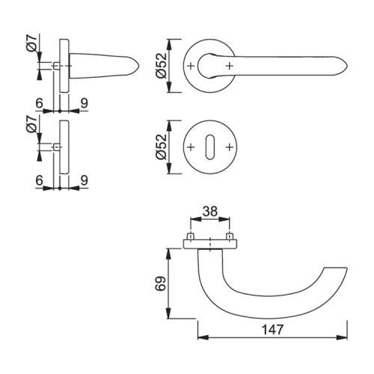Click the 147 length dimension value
(x=272, y=330)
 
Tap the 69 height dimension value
(x=161, y=283)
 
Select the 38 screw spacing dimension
(x=210, y=212)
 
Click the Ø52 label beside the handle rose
(x=161, y=66)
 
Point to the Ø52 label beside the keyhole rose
(x=161, y=147)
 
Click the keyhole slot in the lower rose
(x=210, y=147)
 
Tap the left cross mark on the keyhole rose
(x=191, y=147)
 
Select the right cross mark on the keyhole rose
(x=230, y=147)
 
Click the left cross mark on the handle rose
(x=191, y=66)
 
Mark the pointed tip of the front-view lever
(x=347, y=67)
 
